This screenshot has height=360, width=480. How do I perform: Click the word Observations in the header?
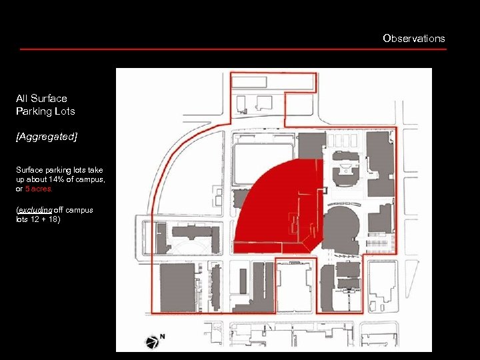coord(413,38)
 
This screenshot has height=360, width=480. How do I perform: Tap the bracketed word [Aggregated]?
coord(47,136)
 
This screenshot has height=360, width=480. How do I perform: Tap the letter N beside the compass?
coord(162,337)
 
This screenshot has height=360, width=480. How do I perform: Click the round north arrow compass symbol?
coord(151,343)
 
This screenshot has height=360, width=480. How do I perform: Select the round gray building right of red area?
coord(343,227)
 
